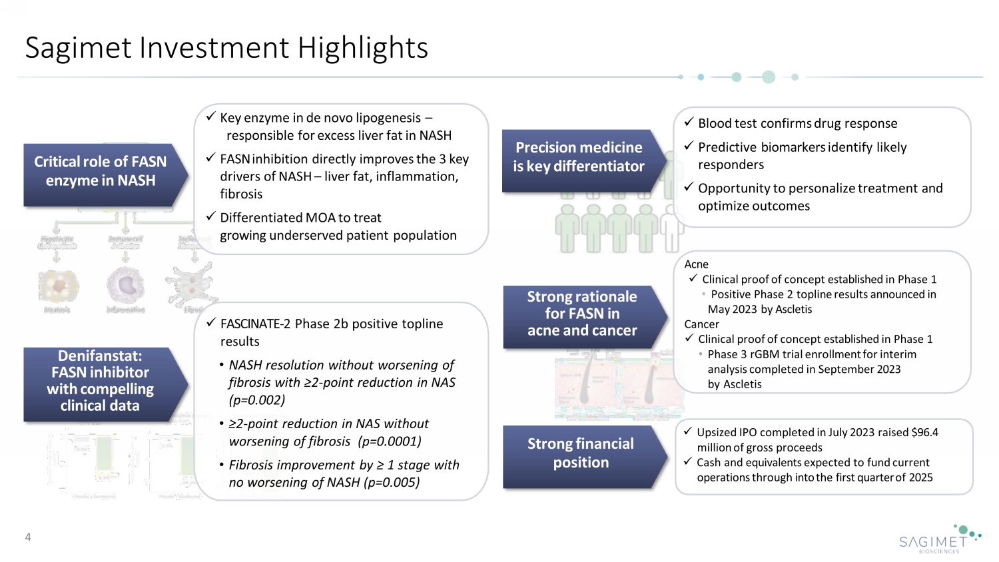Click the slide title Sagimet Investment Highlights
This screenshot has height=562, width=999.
[226, 48]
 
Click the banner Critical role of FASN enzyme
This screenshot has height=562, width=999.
[101, 172]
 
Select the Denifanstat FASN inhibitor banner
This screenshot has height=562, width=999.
[100, 381]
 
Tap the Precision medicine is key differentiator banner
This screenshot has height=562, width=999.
[578, 157]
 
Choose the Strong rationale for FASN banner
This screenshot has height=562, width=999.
[581, 314]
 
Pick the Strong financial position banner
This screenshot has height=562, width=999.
[580, 453]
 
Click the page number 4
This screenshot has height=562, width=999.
[28, 537]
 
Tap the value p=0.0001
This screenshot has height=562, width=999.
[390, 441]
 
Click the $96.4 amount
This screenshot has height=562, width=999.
[924, 433]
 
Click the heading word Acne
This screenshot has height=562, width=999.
[696, 264]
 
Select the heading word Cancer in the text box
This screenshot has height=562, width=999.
[701, 324]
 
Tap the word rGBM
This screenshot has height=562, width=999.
[764, 354]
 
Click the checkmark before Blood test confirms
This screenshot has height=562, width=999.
[689, 123]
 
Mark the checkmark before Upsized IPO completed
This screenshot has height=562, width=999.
[688, 432]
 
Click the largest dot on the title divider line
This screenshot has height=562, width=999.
[768, 77]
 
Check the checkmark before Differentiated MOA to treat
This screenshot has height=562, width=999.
[210, 217]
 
